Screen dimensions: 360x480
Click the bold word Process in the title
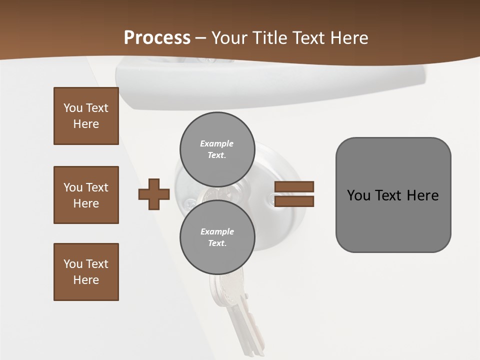157,38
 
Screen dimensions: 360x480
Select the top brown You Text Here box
86,116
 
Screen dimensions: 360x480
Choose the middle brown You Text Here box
86,195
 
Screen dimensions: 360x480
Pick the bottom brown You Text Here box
86,272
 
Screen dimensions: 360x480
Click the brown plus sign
154,194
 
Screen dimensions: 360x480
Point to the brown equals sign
294,194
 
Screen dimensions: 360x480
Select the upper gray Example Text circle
217,149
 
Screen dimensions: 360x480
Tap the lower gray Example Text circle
217,237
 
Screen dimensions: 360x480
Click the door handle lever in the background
270,82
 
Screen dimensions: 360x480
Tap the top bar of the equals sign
294,186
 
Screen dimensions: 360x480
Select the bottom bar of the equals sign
294,201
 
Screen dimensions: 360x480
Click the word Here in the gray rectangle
422,195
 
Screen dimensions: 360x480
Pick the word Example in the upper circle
217,143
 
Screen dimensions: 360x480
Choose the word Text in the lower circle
216,243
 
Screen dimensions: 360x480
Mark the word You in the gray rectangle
359,195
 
